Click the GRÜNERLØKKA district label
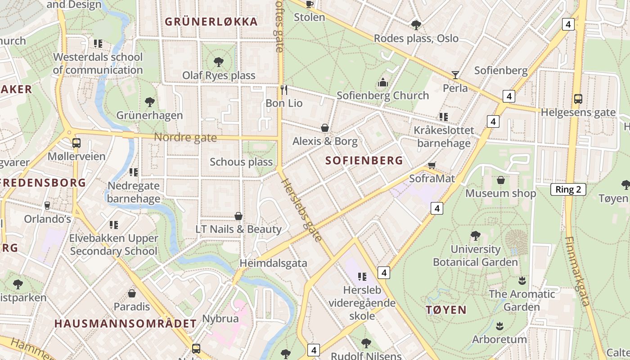point(211,22)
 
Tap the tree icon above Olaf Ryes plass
point(219,62)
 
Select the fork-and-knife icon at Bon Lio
point(283,90)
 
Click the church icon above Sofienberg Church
point(383,82)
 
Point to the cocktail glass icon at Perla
point(455,75)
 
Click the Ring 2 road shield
point(568,189)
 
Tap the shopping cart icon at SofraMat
point(432,165)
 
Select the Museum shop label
point(500,193)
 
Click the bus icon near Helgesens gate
point(578,99)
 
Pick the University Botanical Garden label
point(475,256)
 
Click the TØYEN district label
point(446,310)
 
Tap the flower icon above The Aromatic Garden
point(522,281)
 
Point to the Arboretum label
point(499,339)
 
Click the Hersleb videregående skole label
point(362,303)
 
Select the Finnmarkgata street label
point(577,271)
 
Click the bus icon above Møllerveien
point(76,143)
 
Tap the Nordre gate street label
point(185,137)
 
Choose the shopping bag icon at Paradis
point(132,293)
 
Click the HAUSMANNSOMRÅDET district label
point(126,324)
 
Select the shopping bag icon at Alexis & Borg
point(324,128)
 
